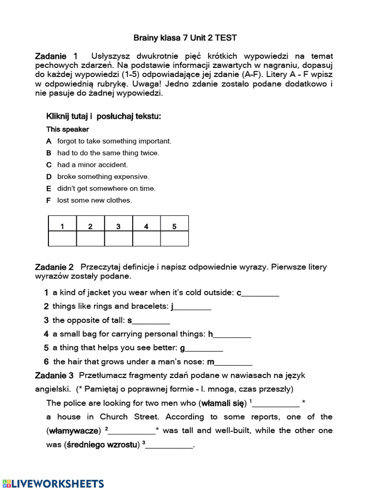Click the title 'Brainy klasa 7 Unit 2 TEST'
[x=184, y=38]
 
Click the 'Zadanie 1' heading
[x=56, y=56]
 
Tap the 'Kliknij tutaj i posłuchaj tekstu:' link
[x=103, y=116]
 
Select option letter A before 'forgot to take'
[x=48, y=141]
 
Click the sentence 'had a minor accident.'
[x=92, y=165]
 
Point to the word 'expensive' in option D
[x=131, y=177]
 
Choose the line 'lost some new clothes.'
[x=94, y=200]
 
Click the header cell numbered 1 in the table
[x=62, y=226]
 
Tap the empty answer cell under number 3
[x=118, y=238]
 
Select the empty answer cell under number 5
[x=174, y=238]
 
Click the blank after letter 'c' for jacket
[x=260, y=293]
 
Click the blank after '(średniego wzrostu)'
[x=169, y=445]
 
